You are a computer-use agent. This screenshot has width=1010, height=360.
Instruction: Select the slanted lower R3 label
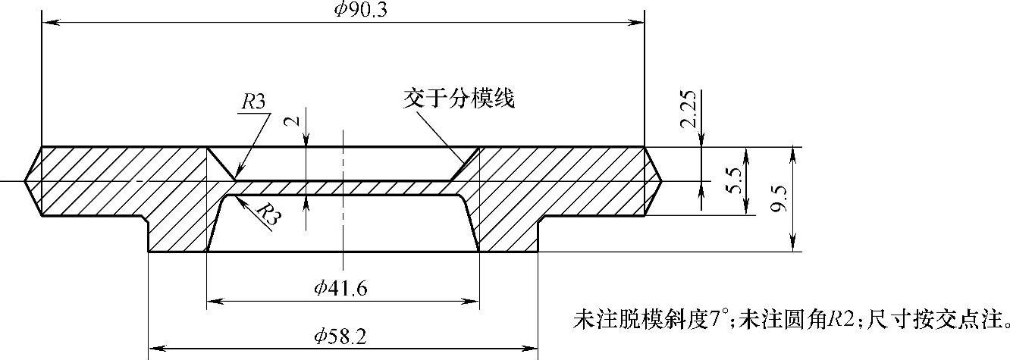point(266,214)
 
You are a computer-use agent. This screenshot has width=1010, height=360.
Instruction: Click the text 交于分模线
point(460,99)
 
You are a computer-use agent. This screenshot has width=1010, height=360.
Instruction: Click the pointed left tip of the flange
point(25,182)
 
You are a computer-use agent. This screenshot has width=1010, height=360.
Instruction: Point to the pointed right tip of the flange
point(662,182)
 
